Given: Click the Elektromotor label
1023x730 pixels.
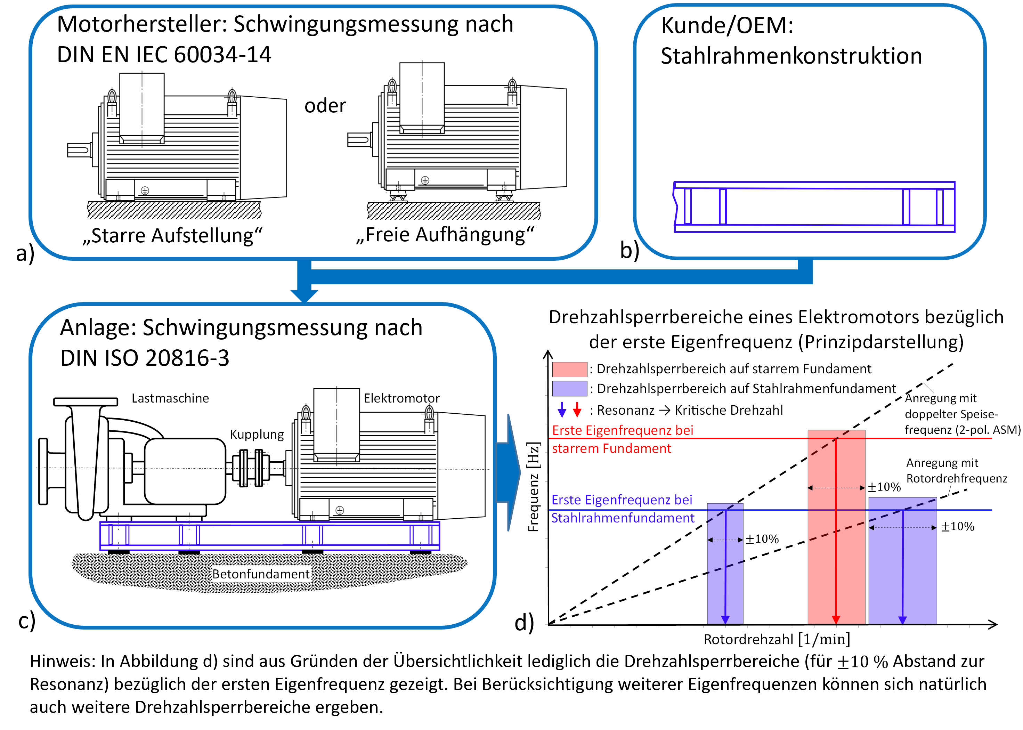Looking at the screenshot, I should point(401,398).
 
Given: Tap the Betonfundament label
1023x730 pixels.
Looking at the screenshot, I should point(261,574).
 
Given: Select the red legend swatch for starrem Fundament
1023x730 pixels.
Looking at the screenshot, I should point(569,369).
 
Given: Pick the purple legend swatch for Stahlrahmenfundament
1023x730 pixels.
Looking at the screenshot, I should point(569,388).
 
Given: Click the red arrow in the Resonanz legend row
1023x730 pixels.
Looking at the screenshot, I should point(577,409).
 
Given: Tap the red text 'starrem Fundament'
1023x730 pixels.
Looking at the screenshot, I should point(611,449).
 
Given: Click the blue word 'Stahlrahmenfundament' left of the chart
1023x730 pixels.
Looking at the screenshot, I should point(623,518).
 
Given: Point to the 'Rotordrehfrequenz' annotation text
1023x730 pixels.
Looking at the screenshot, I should point(956,478).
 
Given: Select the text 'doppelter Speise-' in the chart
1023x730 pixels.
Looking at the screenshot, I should point(951,414).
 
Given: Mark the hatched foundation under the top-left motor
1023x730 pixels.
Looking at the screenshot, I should point(174,210).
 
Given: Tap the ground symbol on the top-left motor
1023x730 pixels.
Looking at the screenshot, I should point(145,190).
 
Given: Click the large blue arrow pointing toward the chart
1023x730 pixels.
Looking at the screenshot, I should point(508,472).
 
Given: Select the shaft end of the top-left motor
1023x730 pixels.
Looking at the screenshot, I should point(78,150).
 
